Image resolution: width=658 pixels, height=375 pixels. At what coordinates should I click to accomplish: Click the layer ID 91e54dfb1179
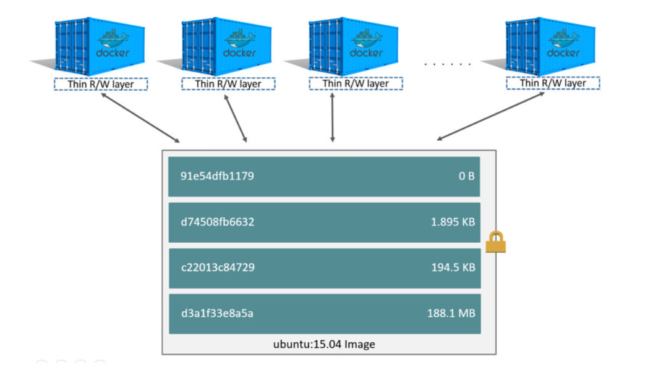tap(217, 176)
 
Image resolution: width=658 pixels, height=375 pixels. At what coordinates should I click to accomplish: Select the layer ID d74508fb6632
tap(218, 222)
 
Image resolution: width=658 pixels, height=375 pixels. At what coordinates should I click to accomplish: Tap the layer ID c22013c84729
tap(218, 268)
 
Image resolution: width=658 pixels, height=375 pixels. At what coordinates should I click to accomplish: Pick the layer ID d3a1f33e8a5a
tap(217, 313)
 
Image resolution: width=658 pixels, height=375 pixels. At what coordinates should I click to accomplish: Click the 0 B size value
tap(466, 176)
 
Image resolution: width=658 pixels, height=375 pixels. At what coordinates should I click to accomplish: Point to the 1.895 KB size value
tap(453, 222)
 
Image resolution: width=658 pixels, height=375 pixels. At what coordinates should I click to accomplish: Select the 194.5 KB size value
tap(453, 268)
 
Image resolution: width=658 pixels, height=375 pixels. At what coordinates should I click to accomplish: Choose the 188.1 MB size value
tap(451, 313)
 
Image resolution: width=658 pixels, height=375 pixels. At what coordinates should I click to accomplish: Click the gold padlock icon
tap(495, 242)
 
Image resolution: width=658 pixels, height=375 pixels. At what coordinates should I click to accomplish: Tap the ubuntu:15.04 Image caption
tap(324, 344)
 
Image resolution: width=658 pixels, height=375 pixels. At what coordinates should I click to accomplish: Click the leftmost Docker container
tap(99, 46)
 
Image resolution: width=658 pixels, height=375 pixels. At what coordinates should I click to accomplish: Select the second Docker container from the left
tap(226, 46)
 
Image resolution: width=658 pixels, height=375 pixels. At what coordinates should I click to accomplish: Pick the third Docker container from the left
tap(354, 46)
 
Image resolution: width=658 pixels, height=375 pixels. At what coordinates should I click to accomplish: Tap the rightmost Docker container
tap(550, 46)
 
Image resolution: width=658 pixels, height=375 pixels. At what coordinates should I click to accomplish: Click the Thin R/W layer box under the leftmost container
tap(100, 84)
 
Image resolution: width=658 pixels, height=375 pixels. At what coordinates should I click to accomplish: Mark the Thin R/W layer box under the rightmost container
tap(553, 83)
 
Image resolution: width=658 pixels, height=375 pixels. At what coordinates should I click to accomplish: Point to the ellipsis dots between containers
tap(448, 64)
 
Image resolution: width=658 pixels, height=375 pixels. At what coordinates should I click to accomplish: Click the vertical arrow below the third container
tap(333, 117)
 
